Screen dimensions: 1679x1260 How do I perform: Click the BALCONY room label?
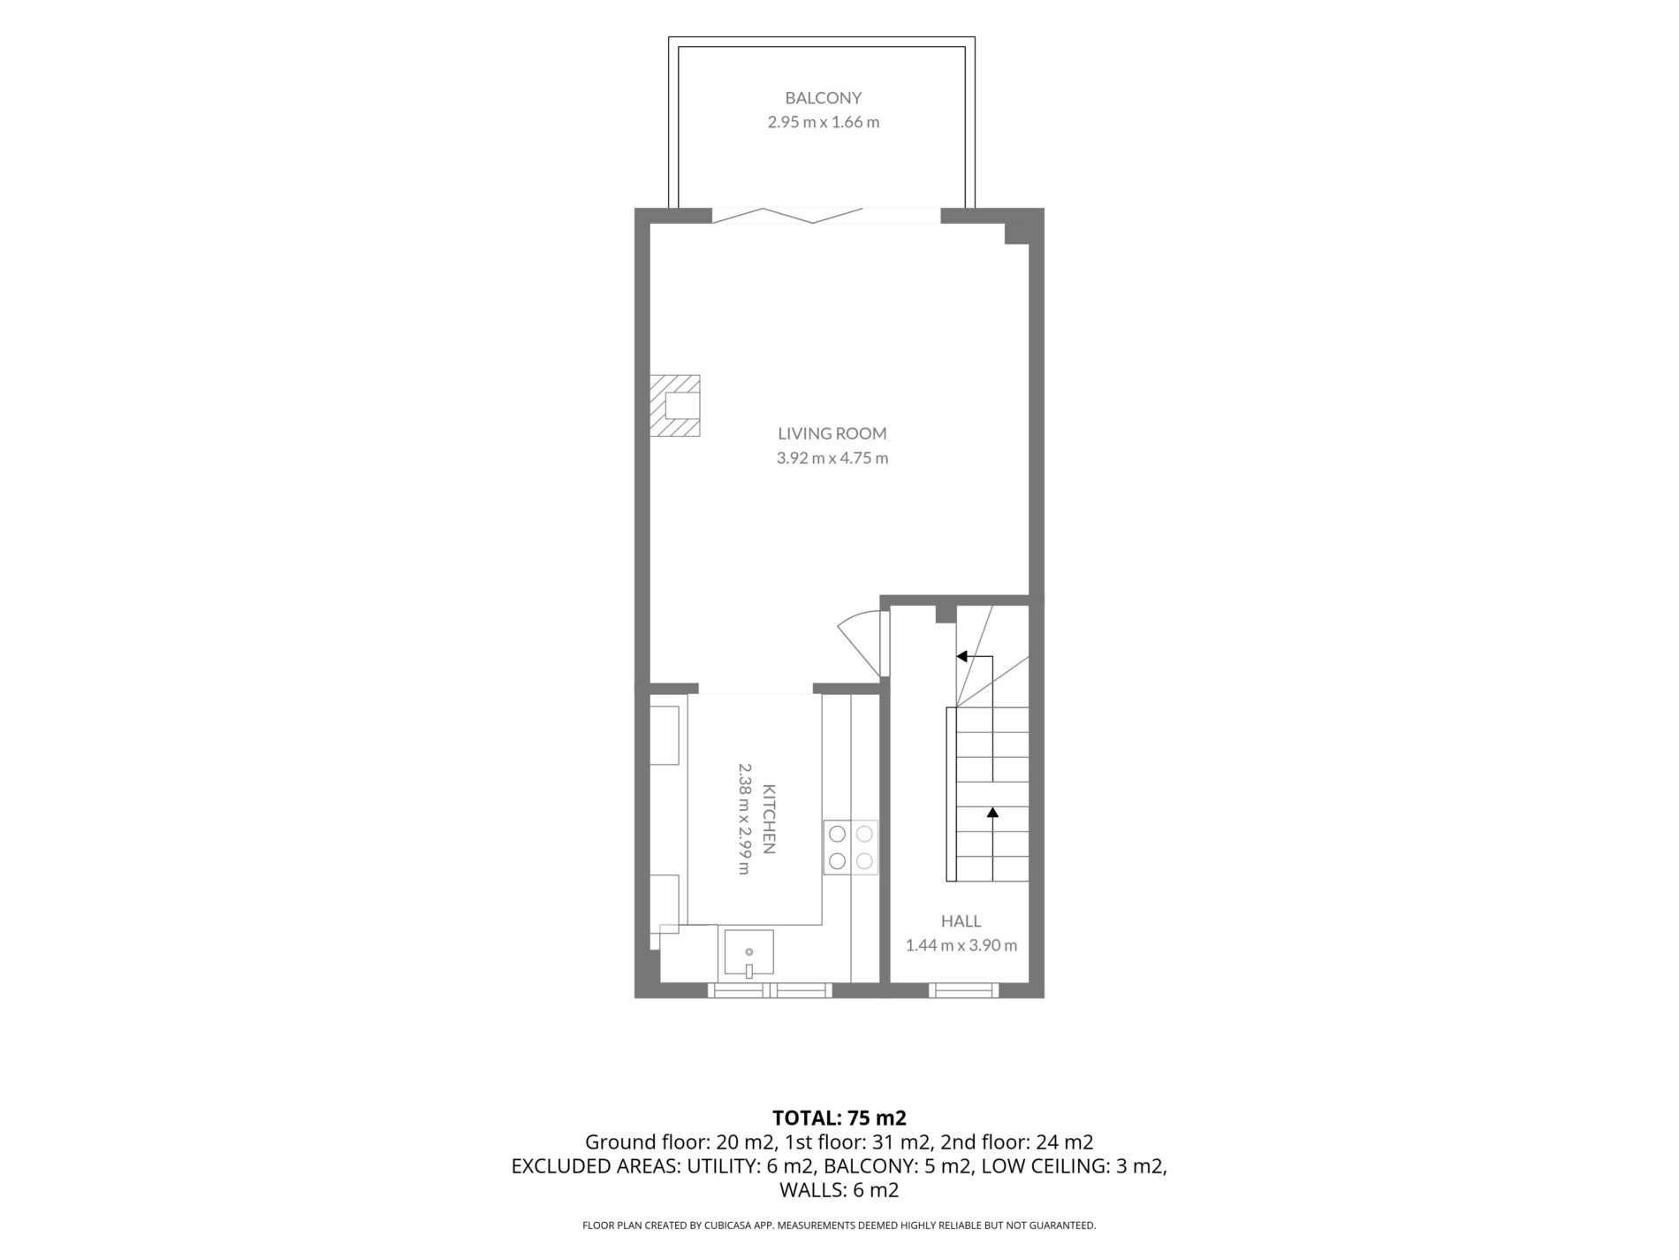[x=823, y=98]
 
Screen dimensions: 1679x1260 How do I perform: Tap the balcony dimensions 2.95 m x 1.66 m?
[x=823, y=122]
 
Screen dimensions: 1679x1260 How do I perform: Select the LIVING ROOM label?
[x=832, y=433]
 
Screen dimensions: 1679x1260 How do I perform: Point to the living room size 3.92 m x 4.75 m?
[x=832, y=458]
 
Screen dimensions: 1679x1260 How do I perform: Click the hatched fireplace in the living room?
[x=675, y=406]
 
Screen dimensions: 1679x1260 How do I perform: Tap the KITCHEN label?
[x=769, y=819]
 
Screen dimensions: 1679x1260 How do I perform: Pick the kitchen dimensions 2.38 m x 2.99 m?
[x=744, y=819]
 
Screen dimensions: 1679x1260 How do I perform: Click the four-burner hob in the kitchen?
[x=851, y=847]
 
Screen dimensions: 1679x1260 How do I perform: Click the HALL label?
[x=961, y=921]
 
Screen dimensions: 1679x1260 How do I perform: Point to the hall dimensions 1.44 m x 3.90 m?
[x=961, y=945]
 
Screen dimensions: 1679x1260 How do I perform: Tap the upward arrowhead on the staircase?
[x=992, y=811]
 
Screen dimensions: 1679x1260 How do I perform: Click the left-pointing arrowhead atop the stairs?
[x=962, y=657]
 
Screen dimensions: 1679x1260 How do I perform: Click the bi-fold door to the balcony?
[x=786, y=215]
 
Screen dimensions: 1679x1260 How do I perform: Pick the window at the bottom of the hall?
[x=963, y=990]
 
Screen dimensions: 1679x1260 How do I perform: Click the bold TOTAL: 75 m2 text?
[x=839, y=1117]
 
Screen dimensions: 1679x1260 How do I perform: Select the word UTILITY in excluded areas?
[x=721, y=1166]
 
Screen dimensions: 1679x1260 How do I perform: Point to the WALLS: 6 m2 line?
[x=839, y=1191]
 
